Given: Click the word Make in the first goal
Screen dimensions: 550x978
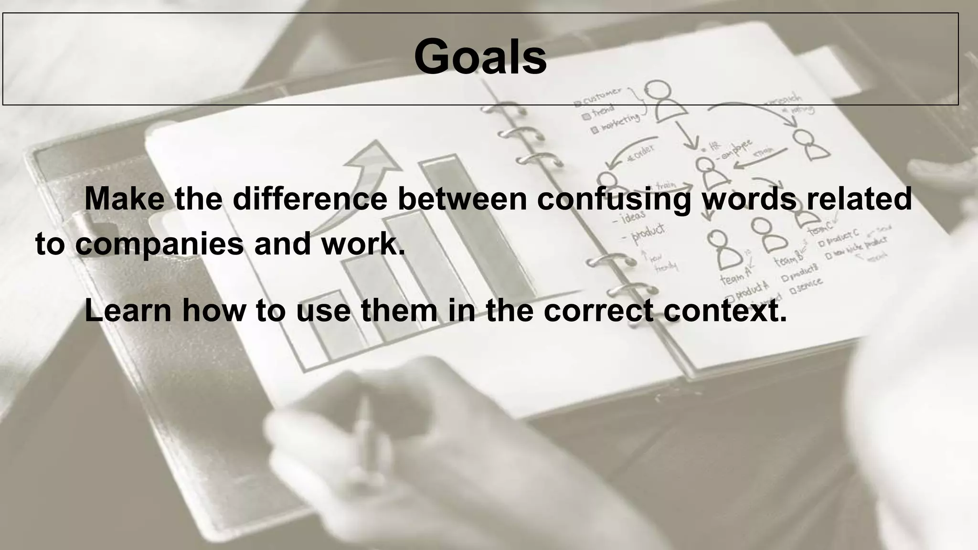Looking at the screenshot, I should coord(124,199).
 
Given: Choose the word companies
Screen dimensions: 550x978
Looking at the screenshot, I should coord(159,244).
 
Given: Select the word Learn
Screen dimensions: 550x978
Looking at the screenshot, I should coord(128,311).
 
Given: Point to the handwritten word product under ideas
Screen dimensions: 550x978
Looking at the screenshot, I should coord(648,232).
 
